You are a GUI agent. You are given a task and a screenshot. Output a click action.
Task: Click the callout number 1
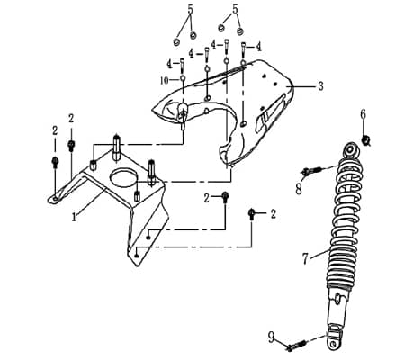pyautogui.click(x=74, y=217)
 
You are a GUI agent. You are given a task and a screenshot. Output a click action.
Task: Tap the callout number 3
pyautogui.click(x=320, y=86)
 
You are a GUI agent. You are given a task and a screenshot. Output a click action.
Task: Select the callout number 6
pyautogui.click(x=363, y=114)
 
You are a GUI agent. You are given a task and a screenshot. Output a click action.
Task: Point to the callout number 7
pyautogui.click(x=305, y=258)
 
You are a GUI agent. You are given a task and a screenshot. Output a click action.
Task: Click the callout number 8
pyautogui.click(x=299, y=189)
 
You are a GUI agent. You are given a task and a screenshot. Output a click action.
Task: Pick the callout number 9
pyautogui.click(x=271, y=337)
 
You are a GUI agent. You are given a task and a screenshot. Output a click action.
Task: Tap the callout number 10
pyautogui.click(x=165, y=80)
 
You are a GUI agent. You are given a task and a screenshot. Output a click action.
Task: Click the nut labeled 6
pyautogui.click(x=365, y=140)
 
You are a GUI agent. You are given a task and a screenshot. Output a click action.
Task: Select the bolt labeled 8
pyautogui.click(x=311, y=171)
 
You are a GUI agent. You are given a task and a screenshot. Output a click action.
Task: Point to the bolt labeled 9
pyautogui.click(x=296, y=346)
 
